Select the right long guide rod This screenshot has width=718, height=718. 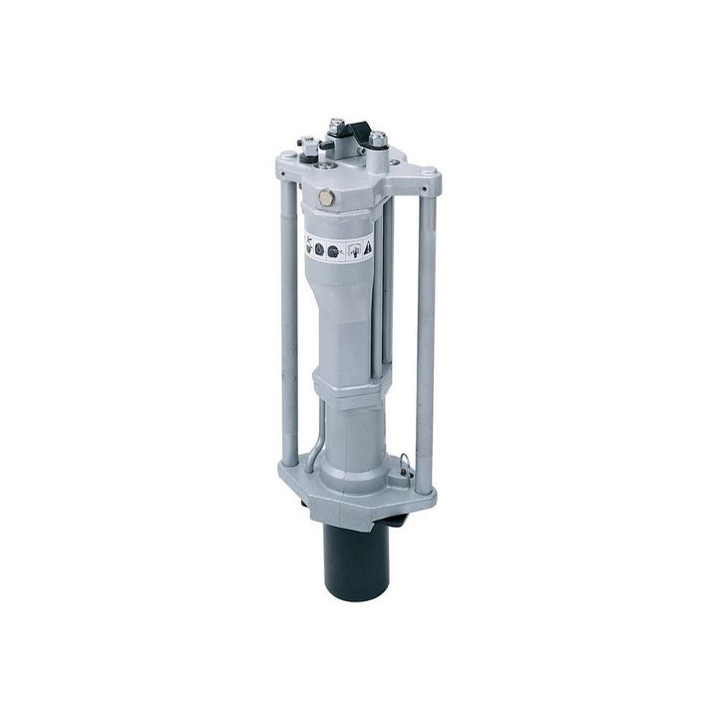click(x=427, y=329)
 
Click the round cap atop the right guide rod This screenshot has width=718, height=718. click(x=426, y=176)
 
